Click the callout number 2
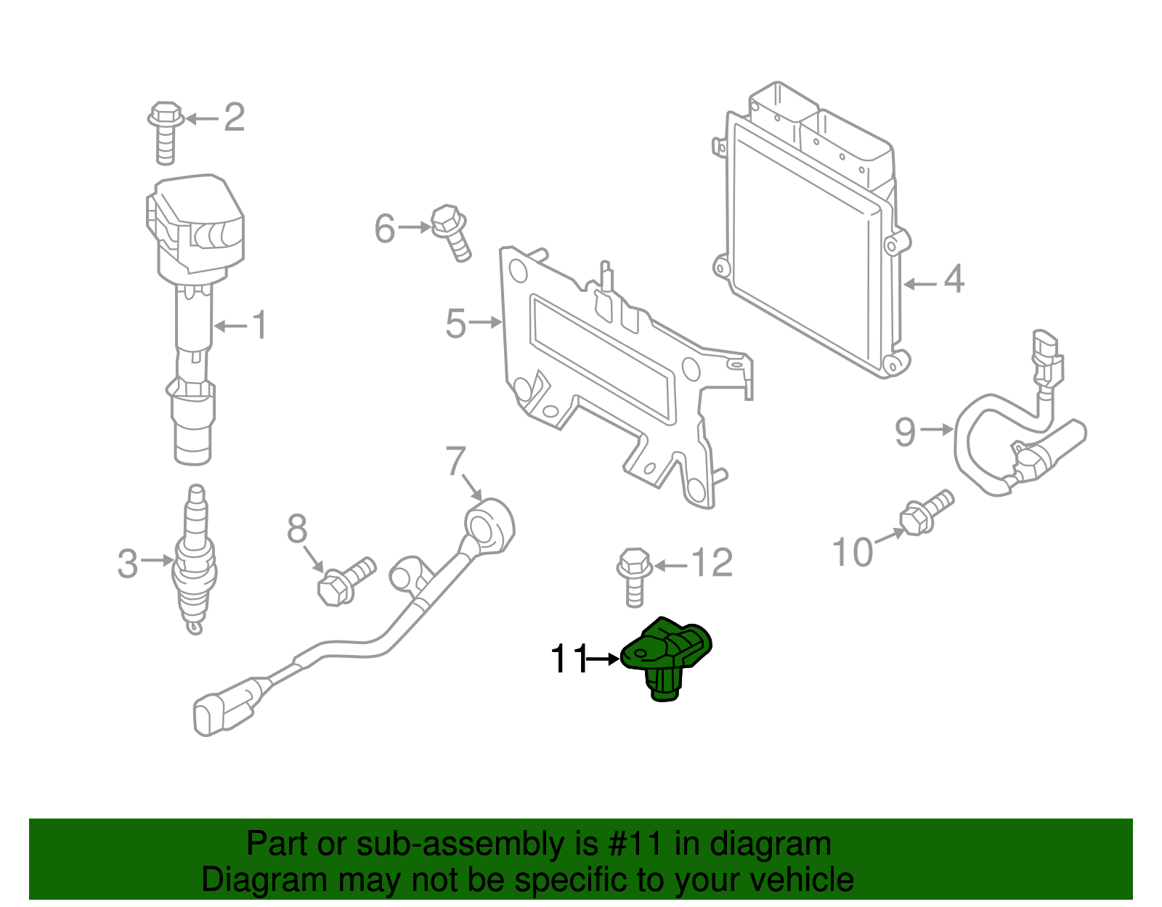(x=234, y=118)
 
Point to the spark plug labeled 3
(x=194, y=559)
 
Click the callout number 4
(x=954, y=280)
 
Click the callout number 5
(x=455, y=323)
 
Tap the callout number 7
(x=455, y=460)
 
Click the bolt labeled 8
(x=344, y=580)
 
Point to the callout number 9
(x=905, y=431)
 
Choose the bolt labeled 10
(x=925, y=512)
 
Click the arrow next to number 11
(x=602, y=659)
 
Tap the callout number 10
(x=852, y=553)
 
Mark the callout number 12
(x=712, y=563)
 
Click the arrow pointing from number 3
(x=156, y=560)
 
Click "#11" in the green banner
(x=632, y=845)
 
